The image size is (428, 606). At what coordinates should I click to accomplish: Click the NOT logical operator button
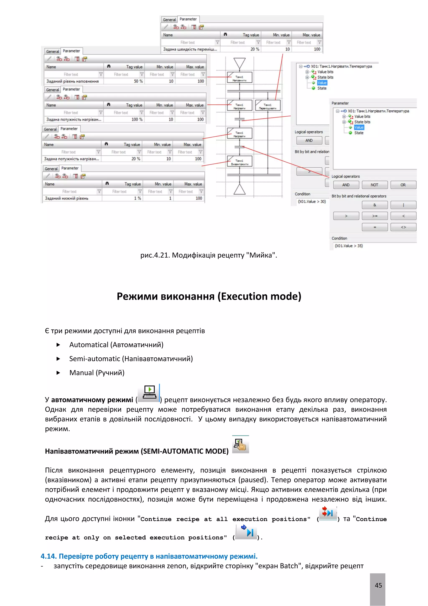click(374, 185)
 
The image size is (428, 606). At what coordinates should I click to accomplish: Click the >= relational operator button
click(374, 216)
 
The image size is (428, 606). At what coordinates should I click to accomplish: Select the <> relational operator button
click(403, 227)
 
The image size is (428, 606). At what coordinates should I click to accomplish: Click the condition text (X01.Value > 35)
click(349, 246)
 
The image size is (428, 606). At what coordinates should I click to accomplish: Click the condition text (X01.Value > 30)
click(312, 201)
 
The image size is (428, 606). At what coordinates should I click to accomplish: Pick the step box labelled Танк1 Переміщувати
click(267, 105)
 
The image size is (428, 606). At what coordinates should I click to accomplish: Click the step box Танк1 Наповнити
click(239, 78)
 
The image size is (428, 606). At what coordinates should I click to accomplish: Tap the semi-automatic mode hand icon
click(240, 445)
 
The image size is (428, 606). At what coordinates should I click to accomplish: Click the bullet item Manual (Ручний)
click(97, 373)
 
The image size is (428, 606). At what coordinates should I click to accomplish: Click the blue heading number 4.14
click(49, 556)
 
